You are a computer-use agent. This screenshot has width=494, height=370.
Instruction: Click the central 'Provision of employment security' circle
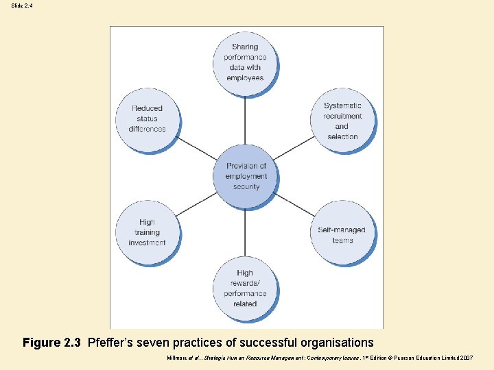pyautogui.click(x=246, y=175)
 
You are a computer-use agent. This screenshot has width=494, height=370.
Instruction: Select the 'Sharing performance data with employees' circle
pyautogui.click(x=245, y=62)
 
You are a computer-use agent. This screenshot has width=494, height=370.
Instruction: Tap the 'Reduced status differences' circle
pyautogui.click(x=148, y=119)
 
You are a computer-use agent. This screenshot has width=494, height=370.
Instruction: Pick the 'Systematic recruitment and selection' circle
pyautogui.click(x=342, y=120)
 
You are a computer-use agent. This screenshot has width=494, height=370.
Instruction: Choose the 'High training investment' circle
pyautogui.click(x=148, y=232)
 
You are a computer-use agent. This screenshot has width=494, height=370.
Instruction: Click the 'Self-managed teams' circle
pyautogui.click(x=342, y=234)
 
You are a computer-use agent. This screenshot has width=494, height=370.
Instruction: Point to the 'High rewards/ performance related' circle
pyautogui.click(x=245, y=288)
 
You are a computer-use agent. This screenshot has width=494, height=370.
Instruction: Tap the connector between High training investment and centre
pyautogui.click(x=197, y=203)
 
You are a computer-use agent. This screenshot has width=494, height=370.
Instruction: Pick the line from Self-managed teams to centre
pyautogui.click(x=294, y=204)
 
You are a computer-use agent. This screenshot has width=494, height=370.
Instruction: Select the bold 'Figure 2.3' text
pyautogui.click(x=51, y=343)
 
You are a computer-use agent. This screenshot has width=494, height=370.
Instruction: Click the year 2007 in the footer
pyautogui.click(x=465, y=358)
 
